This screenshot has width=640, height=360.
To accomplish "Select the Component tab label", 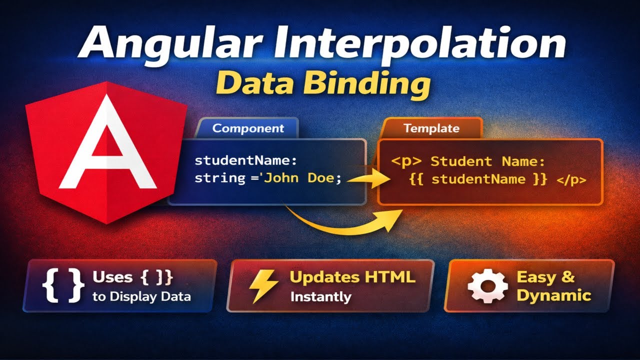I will [x=248, y=128].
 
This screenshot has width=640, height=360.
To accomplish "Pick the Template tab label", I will [x=431, y=128].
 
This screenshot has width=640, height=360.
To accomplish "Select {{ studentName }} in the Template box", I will [x=477, y=180].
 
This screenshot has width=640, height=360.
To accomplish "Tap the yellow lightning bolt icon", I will [x=262, y=285].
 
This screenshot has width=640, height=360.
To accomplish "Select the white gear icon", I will [x=487, y=286].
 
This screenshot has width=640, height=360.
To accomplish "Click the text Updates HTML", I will [x=352, y=277].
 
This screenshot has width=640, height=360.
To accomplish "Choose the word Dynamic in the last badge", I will [x=553, y=295].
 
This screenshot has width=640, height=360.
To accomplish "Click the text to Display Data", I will [x=141, y=296].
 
